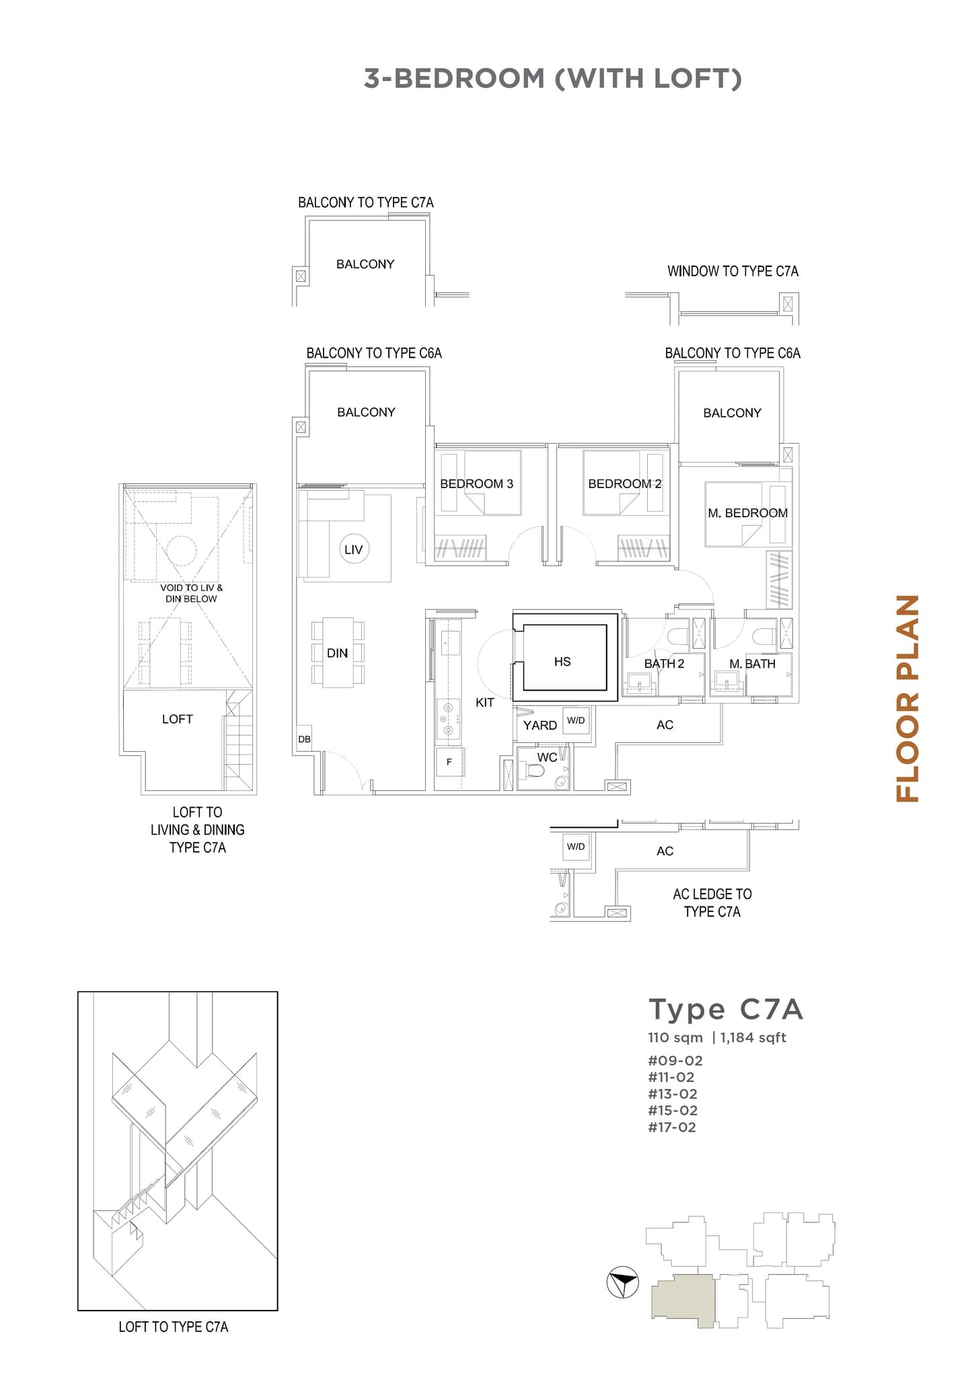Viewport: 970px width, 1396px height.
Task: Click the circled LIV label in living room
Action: point(353,549)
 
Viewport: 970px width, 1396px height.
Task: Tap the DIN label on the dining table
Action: point(337,653)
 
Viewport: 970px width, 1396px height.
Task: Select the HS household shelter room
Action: point(563,662)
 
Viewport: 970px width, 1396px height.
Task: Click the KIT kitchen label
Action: point(484,703)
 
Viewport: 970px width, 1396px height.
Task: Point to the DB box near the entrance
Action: point(304,739)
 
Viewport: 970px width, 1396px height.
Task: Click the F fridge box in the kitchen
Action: point(449,762)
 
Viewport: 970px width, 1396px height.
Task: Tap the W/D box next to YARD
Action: point(576,720)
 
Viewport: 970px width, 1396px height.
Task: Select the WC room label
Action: point(546,757)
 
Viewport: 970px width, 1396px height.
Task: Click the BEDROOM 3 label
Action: point(476,483)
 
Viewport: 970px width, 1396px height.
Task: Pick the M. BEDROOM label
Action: point(747,513)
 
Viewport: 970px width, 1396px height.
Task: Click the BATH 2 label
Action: point(664,664)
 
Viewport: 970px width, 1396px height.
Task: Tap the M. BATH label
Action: point(752,664)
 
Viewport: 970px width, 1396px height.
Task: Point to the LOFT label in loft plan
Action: point(178,719)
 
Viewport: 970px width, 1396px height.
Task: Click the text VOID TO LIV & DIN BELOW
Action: point(191,593)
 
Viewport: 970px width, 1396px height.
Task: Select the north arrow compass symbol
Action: point(622,1283)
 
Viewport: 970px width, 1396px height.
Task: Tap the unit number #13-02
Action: point(673,1094)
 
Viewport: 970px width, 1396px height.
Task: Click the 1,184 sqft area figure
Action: point(753,1037)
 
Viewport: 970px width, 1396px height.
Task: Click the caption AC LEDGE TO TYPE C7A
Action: point(712,902)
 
